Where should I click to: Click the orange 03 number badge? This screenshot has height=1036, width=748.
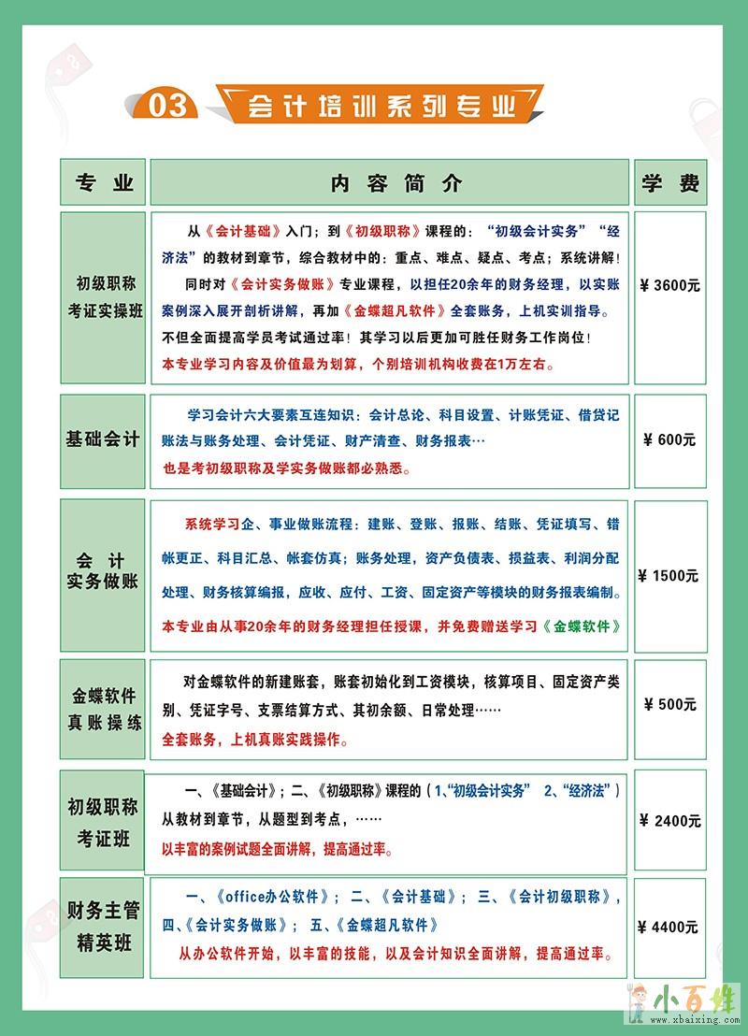[x=167, y=106]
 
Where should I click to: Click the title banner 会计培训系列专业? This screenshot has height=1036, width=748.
[x=382, y=105]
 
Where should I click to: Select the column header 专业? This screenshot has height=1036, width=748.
[x=103, y=182]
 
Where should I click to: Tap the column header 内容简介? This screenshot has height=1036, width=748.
[x=390, y=182]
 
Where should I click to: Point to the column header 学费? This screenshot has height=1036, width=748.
[x=669, y=182]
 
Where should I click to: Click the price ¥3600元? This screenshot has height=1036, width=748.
[x=669, y=285]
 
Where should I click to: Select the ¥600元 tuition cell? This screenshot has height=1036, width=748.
[x=669, y=440]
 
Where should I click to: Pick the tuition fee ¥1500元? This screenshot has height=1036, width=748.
[x=669, y=576]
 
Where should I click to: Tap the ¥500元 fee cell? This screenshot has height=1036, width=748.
[x=669, y=704]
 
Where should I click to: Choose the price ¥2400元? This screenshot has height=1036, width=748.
[x=669, y=821]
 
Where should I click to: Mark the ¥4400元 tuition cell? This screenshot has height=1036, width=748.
[x=669, y=928]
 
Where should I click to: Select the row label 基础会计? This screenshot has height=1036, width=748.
[x=103, y=439]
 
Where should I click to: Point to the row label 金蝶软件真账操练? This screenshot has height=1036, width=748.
[x=103, y=710]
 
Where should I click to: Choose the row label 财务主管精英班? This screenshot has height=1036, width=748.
[x=103, y=927]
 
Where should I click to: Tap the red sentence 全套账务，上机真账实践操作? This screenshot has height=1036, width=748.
[x=254, y=740]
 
